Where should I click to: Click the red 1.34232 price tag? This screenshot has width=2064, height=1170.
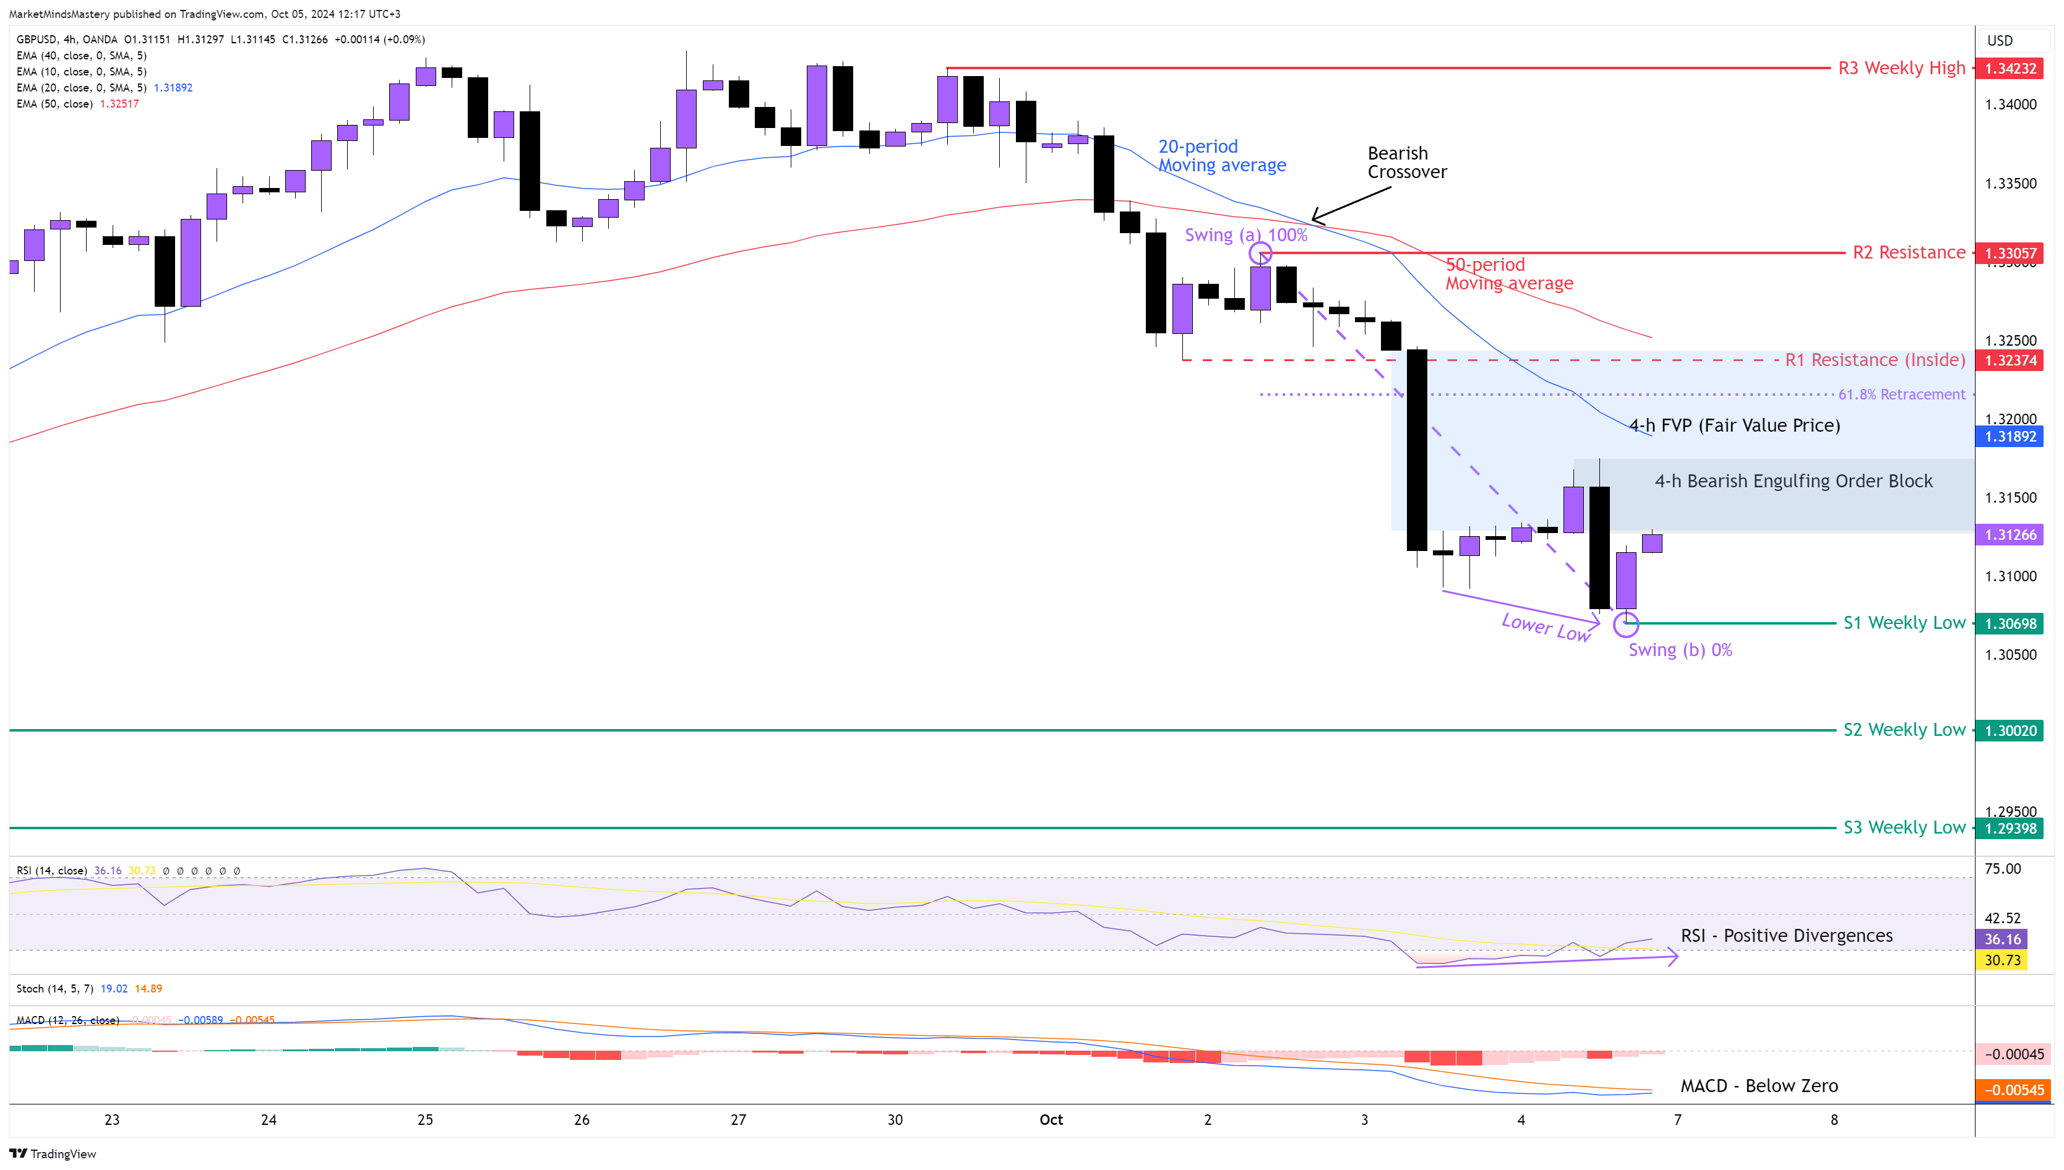[2010, 68]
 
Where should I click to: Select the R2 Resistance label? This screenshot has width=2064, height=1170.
[1909, 253]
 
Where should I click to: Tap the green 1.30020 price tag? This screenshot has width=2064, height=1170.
[2010, 730]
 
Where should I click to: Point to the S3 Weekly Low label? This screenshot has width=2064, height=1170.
[1904, 827]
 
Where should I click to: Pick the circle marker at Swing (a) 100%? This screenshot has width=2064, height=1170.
[1260, 254]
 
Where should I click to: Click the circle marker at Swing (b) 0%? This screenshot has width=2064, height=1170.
[1625, 623]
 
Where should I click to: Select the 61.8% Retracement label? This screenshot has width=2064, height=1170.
[1902, 395]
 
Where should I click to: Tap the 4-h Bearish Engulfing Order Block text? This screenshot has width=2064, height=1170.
[1793, 481]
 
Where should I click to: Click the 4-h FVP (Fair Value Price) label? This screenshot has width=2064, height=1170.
[1734, 426]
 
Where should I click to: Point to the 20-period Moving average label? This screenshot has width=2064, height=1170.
[1222, 156]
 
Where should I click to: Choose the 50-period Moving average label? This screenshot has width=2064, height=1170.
[1508, 274]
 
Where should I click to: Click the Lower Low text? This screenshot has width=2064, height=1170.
[1546, 628]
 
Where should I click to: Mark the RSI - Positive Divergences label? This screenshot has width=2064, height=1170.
[1786, 936]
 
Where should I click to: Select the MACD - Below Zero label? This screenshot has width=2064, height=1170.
[1758, 1087]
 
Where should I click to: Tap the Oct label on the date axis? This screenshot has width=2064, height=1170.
[1051, 1120]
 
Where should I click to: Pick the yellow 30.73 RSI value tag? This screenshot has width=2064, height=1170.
[2002, 960]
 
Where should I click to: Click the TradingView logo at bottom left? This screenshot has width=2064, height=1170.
[53, 1154]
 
